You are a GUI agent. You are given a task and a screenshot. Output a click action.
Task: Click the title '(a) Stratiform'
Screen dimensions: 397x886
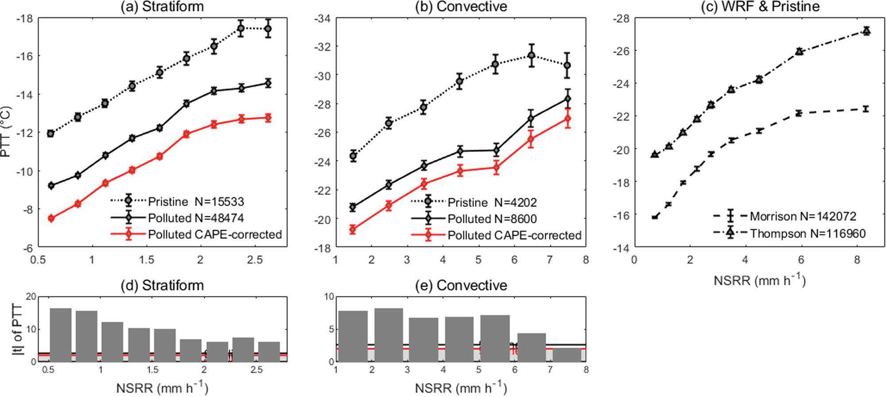(x=162, y=7)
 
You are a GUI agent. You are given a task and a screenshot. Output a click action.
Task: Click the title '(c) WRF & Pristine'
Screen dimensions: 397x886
(x=760, y=7)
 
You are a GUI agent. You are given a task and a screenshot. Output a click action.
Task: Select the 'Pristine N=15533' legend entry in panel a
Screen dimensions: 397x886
(x=196, y=202)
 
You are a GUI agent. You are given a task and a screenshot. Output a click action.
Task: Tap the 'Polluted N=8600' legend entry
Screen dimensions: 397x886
(x=492, y=219)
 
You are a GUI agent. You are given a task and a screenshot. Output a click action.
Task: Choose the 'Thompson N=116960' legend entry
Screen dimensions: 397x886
(x=807, y=234)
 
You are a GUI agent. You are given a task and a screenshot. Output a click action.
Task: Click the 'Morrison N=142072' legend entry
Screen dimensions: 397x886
(x=803, y=216)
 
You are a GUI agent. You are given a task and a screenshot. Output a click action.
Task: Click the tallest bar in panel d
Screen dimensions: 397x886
(x=61, y=335)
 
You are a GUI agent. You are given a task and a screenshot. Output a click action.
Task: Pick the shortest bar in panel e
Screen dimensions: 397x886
(x=567, y=355)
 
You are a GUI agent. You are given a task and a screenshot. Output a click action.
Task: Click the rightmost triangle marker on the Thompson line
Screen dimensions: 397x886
(x=866, y=31)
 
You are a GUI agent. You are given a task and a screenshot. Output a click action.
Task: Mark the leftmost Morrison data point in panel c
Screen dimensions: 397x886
(x=655, y=217)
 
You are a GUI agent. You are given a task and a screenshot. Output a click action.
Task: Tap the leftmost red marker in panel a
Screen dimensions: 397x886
(x=51, y=218)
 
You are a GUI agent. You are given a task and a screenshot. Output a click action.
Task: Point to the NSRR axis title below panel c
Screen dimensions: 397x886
(x=759, y=280)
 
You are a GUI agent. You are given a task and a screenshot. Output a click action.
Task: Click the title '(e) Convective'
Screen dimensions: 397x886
(x=461, y=285)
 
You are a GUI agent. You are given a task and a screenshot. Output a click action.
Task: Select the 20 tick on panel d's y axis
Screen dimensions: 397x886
(x=31, y=296)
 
